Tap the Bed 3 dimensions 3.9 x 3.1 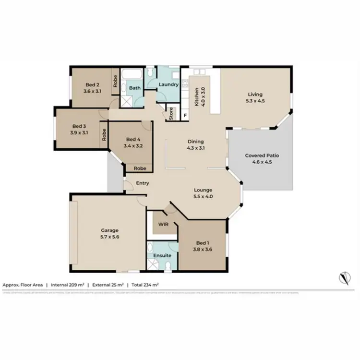79,132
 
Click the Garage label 109,230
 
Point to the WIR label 163,224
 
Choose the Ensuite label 162,255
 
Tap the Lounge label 204,190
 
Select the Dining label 196,142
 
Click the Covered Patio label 262,156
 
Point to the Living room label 255,94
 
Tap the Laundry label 168,84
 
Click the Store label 171,114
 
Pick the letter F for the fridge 185,115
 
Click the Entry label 142,183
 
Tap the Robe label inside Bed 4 140,168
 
